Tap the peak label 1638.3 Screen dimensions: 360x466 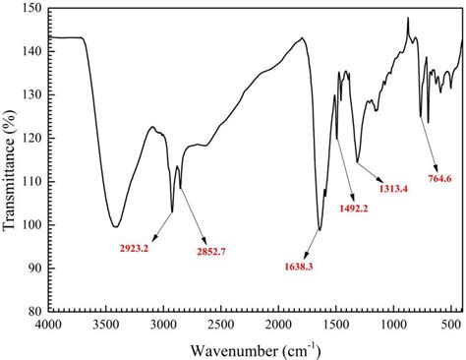click(x=302, y=263)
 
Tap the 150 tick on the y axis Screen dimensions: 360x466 click(x=32, y=9)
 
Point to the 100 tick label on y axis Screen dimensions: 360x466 click(x=32, y=225)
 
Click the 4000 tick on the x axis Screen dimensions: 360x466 click(x=48, y=324)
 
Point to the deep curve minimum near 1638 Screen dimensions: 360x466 click(x=320, y=231)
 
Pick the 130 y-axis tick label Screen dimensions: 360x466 click(x=32, y=95)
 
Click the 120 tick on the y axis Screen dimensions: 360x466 click(x=32, y=139)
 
